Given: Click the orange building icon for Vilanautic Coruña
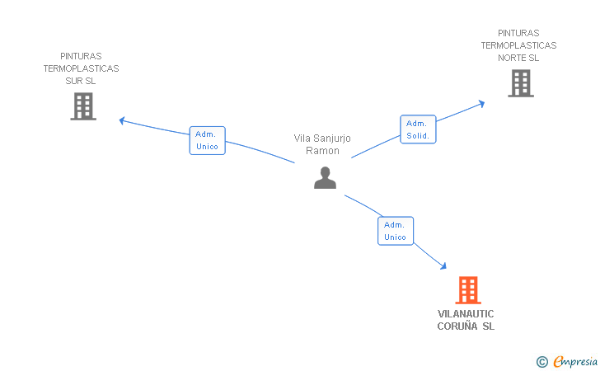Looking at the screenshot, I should (x=468, y=290).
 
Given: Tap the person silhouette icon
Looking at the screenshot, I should (x=326, y=177).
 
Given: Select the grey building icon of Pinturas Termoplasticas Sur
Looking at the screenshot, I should (x=83, y=106).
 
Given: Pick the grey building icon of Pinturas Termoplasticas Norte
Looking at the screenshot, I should (x=520, y=83).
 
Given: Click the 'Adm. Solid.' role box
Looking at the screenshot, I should (x=418, y=129).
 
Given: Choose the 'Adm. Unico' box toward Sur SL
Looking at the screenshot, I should (x=207, y=140).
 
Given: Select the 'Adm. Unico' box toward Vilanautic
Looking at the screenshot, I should (x=395, y=231).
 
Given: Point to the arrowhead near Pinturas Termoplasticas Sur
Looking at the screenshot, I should (x=122, y=120).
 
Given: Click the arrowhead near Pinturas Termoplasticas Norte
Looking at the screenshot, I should (x=481, y=103).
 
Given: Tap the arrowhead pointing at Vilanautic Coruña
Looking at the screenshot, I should (x=443, y=266).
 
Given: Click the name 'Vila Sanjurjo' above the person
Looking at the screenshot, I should (x=322, y=139).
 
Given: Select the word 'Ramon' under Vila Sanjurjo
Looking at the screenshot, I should (x=322, y=151).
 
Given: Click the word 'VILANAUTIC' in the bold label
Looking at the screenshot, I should (x=466, y=314).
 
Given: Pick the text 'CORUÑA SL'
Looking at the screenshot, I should (x=466, y=326).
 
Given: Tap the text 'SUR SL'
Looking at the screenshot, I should (x=81, y=81).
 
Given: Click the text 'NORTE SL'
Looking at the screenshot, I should (x=518, y=58).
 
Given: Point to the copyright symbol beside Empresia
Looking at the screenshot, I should (x=541, y=361).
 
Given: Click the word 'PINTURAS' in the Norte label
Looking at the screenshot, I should (x=518, y=33).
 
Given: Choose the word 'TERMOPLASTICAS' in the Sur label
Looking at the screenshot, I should (x=81, y=68).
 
